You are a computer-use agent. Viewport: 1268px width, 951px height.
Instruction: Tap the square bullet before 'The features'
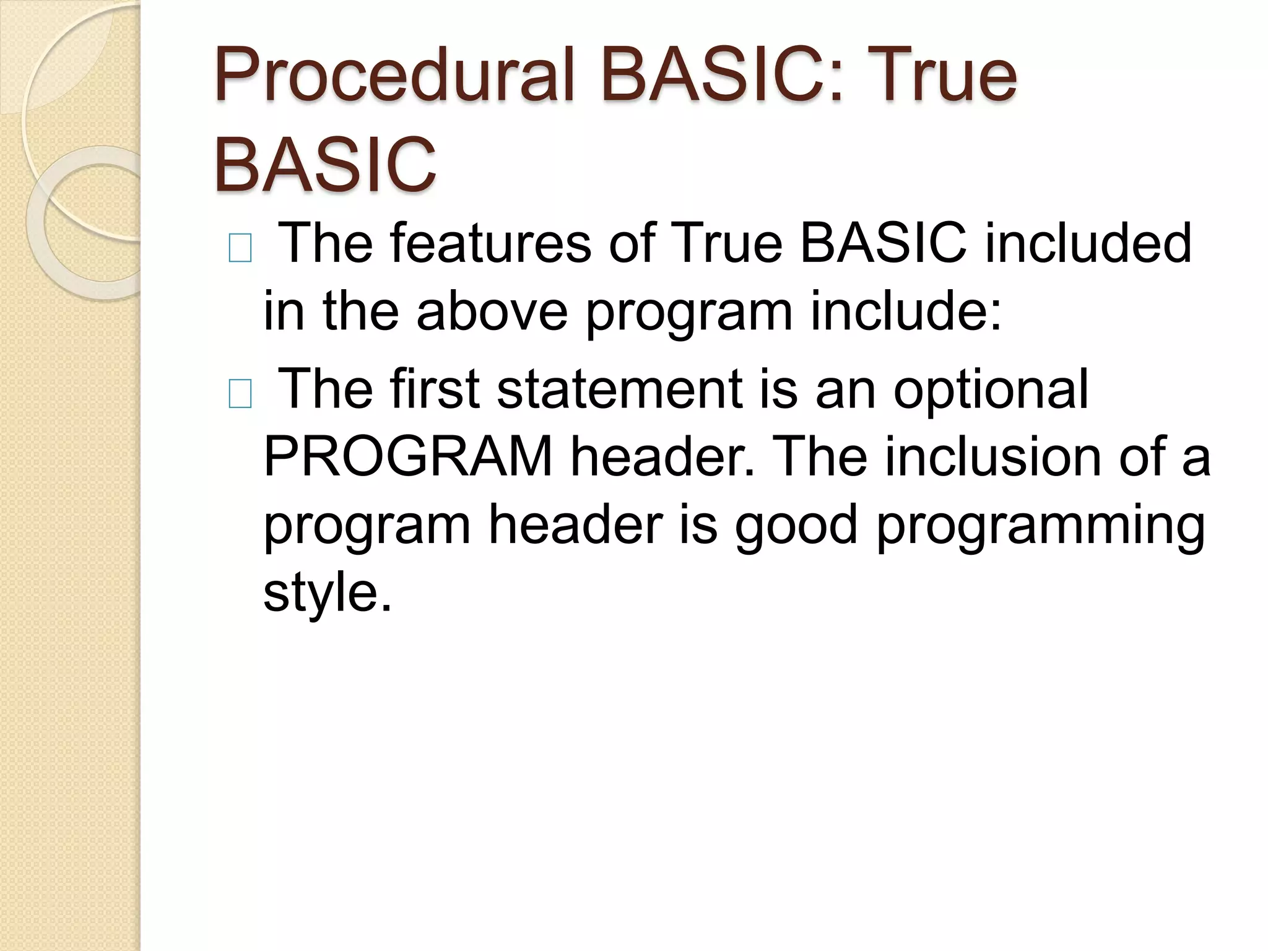pos(240,249)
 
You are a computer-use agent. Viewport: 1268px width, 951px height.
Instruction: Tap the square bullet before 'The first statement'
pos(240,394)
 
